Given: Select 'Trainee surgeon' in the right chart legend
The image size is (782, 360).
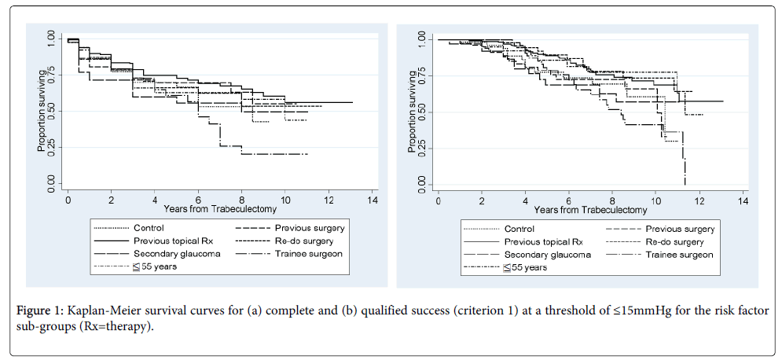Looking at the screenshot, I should click(x=680, y=255).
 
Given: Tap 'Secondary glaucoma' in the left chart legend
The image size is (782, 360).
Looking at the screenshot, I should click(x=176, y=254).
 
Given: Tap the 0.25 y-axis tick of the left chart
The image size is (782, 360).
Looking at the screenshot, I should click(x=50, y=146).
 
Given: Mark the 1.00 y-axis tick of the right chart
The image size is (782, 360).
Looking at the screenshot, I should click(x=420, y=39).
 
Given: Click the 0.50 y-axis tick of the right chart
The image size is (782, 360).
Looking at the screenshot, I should click(x=420, y=111).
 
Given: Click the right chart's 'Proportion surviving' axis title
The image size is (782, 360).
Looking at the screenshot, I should click(x=409, y=111).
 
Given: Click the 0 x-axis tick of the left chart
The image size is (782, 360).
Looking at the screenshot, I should click(x=68, y=200).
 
